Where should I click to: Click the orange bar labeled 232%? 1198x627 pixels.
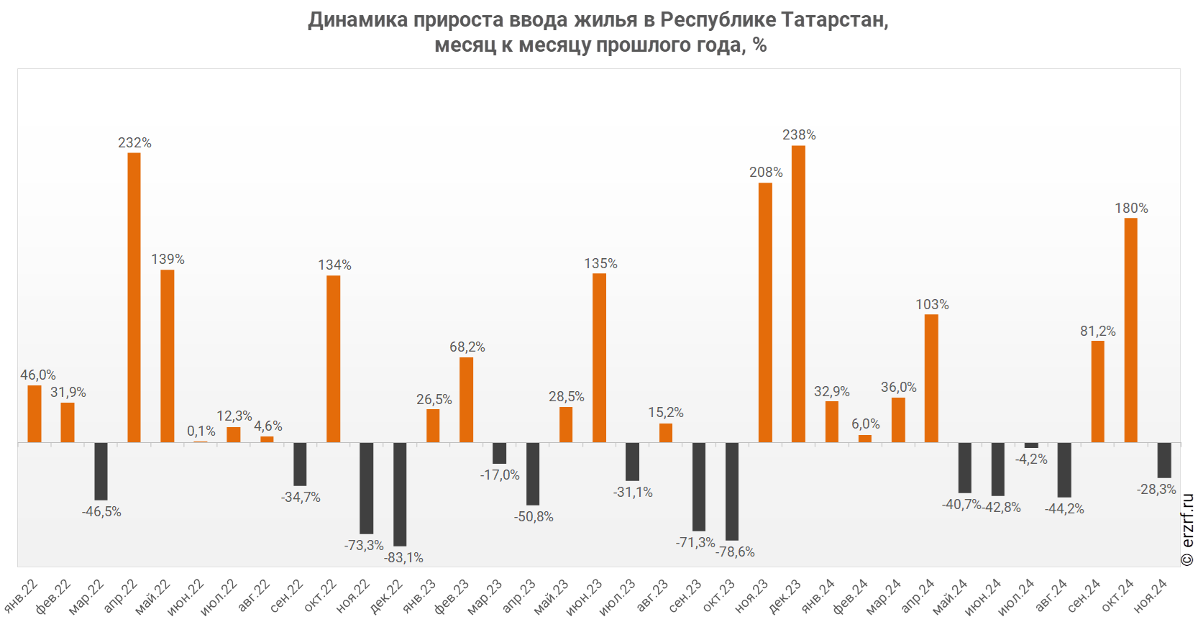(x=134, y=298)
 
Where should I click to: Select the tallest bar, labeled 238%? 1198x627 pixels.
(x=798, y=294)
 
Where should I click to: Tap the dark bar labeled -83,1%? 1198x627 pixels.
(x=400, y=494)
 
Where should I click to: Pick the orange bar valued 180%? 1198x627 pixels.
(x=1130, y=330)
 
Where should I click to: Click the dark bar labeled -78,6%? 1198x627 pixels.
(x=732, y=491)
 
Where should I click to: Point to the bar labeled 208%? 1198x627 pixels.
(x=765, y=313)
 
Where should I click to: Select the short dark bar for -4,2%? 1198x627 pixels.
(x=1031, y=445)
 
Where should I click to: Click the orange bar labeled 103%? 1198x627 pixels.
(x=931, y=378)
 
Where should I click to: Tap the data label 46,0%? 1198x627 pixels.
(x=38, y=375)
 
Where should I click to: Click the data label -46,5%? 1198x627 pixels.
(x=101, y=512)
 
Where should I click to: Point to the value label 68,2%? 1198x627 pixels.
(x=467, y=347)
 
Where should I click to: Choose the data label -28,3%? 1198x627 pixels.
(x=1156, y=490)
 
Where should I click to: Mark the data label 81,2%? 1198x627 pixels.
(x=1098, y=331)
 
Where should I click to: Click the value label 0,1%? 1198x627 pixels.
(x=201, y=431)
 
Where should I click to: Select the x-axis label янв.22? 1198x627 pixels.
(x=22, y=595)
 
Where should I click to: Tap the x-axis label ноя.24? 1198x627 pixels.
(x=1151, y=595)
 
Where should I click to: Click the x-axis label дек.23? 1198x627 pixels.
(x=785, y=596)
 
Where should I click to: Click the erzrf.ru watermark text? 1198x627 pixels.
(x=1188, y=530)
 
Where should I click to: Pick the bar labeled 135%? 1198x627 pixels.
(x=599, y=358)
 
